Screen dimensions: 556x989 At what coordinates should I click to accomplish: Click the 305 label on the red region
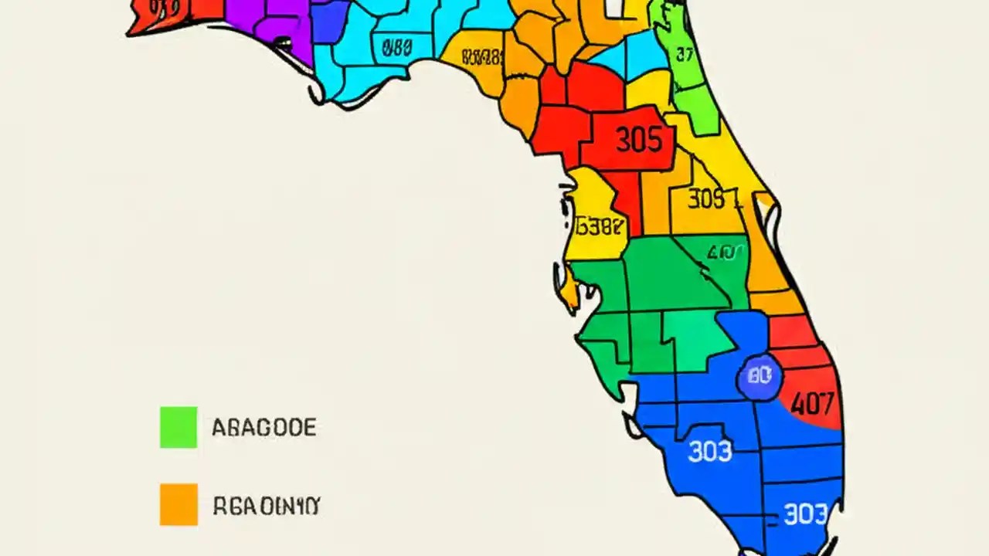tap(639, 141)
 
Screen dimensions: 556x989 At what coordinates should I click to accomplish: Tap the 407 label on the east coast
tap(812, 403)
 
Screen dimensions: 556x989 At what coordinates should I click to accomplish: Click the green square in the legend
tap(178, 427)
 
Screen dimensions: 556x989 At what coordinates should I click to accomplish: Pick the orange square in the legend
tap(178, 504)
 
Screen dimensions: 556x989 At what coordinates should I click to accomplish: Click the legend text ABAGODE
tap(263, 427)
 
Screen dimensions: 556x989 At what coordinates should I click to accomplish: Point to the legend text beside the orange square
tap(266, 506)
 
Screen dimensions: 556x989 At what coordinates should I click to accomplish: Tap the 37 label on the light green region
tap(684, 54)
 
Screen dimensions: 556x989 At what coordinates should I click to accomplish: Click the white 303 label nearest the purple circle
tap(709, 450)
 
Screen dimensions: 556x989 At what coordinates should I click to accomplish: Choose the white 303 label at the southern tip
tap(805, 514)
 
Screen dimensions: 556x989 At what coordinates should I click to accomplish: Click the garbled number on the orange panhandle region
tap(482, 57)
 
